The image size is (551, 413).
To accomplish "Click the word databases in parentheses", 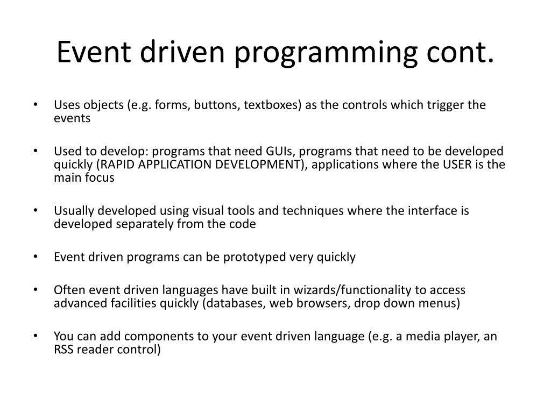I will [x=237, y=303].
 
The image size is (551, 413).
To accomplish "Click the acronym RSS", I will [x=63, y=350].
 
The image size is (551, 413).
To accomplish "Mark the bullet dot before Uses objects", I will [x=41, y=105].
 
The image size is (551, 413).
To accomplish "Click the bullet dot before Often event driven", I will [x=41, y=290].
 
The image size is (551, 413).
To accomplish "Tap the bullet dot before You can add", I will [x=41, y=336].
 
